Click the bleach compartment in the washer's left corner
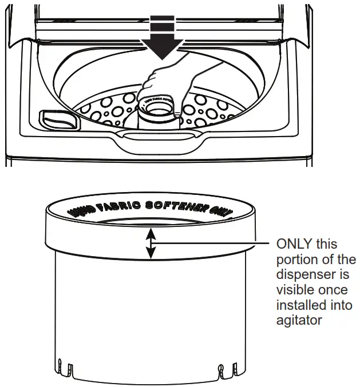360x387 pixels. [57, 119]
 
